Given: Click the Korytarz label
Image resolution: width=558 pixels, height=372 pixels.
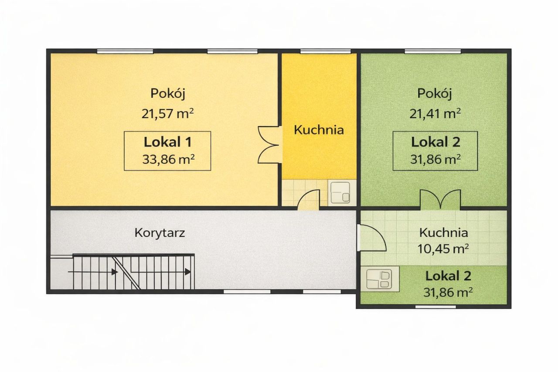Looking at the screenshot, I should [x=160, y=232].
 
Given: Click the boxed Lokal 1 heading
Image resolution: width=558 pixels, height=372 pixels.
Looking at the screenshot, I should [x=168, y=142].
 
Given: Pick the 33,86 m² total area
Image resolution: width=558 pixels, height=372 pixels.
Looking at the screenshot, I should [x=168, y=159].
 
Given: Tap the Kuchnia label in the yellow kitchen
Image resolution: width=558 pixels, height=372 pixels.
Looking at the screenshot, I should [x=319, y=130].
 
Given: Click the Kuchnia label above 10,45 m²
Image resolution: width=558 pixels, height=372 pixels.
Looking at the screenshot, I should [x=444, y=232].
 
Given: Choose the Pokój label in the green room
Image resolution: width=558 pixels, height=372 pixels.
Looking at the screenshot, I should [x=435, y=93].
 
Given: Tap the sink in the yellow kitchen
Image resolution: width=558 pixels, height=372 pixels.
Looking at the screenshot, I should [x=340, y=192].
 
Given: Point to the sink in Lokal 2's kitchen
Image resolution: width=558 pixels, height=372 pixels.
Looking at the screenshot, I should [x=379, y=279].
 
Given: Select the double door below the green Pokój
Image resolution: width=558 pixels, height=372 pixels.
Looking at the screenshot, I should [x=440, y=200].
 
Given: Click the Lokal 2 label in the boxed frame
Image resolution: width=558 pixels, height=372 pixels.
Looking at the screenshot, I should [x=436, y=142].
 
